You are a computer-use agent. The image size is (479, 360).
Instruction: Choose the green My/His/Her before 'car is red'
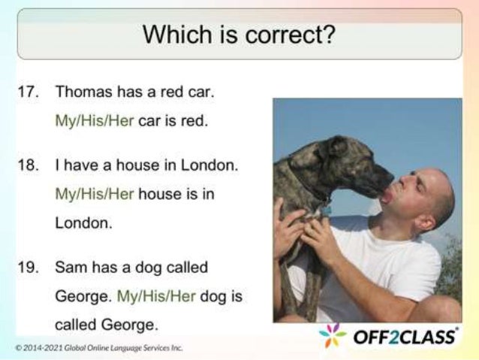tap(94, 120)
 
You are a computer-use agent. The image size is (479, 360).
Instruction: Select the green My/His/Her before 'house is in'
tap(94, 193)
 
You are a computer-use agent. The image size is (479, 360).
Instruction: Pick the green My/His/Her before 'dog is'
tap(156, 296)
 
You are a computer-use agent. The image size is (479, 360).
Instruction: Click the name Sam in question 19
tap(69, 267)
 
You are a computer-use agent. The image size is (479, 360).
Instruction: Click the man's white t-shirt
tap(390, 271)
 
